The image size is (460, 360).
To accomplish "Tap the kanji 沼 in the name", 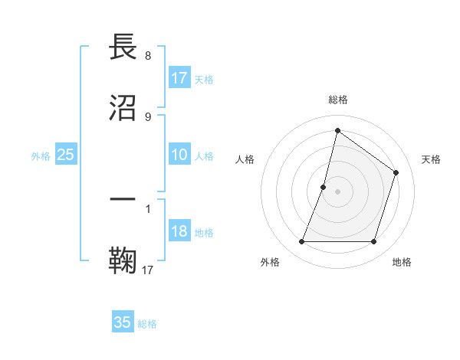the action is [124, 109].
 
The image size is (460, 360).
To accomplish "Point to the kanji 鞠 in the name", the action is [124, 260].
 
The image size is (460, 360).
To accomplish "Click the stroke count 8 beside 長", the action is [148, 56].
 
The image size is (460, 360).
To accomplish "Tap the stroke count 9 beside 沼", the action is [148, 116].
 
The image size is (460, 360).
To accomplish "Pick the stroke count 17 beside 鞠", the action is [148, 269].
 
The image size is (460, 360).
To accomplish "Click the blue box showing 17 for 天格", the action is [179, 78].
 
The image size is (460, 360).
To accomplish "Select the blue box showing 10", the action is [179, 155].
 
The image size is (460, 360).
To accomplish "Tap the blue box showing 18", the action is [179, 232].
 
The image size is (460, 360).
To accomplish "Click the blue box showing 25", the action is [66, 155].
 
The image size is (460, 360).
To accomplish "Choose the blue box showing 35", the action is [123, 322].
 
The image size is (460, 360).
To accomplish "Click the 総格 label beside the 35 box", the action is [148, 324].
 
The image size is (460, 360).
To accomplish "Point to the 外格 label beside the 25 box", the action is [41, 156].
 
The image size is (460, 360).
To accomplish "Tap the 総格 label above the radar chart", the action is [338, 100].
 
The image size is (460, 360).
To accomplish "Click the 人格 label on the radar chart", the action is [245, 159].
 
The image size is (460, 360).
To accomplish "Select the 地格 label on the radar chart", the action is [402, 262].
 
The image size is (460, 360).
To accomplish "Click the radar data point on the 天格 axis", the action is [396, 172].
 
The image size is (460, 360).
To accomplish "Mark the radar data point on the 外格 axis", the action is [301, 242].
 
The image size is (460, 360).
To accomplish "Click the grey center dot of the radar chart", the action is [338, 191].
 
